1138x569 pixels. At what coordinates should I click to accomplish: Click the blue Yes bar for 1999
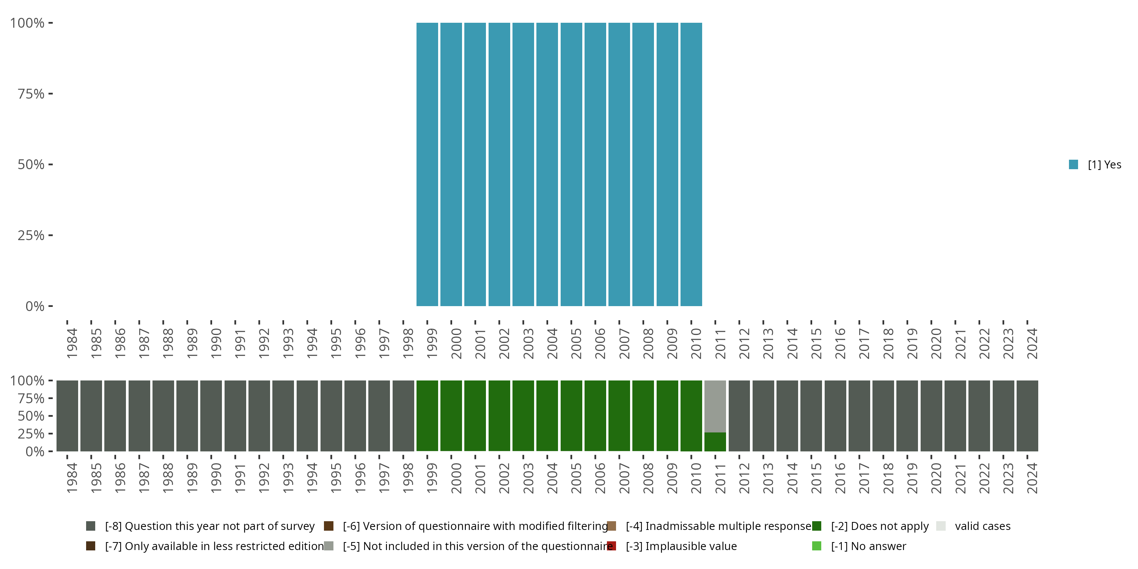click(427, 164)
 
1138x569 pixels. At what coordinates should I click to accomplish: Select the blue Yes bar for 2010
click(691, 164)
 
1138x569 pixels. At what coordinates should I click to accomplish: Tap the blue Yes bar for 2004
click(547, 164)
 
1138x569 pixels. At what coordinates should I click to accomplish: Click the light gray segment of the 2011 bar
click(715, 406)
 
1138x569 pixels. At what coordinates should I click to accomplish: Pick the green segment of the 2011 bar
click(715, 442)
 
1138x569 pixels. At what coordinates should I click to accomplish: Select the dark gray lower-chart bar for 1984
click(67, 416)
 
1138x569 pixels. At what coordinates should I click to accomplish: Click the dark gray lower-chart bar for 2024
click(1027, 416)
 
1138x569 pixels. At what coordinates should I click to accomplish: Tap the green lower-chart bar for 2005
click(571, 416)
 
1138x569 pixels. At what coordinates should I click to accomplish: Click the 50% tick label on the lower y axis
click(31, 416)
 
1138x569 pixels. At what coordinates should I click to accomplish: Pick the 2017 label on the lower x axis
click(864, 478)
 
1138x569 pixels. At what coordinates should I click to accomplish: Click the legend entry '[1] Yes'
click(1104, 165)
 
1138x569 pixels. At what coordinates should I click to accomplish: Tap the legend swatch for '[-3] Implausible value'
click(611, 546)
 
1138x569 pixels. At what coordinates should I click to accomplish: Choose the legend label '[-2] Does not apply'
click(880, 526)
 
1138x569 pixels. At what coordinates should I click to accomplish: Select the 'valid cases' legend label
click(982, 526)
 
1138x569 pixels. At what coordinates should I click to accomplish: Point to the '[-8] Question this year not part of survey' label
click(210, 526)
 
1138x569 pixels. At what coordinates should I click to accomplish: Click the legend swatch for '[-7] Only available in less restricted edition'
click(91, 546)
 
